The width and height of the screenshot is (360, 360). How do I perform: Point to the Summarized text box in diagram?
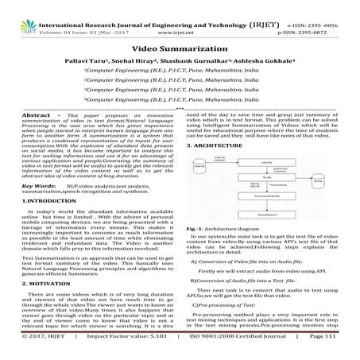point(266,215)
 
